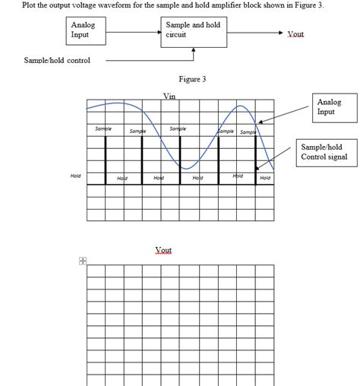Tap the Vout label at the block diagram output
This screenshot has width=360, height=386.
[296, 34]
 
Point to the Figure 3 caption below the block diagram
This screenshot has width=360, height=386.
[192, 78]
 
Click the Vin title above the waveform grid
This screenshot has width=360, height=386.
[169, 96]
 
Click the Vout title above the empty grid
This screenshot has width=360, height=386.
[163, 250]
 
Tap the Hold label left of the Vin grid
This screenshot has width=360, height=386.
[75, 176]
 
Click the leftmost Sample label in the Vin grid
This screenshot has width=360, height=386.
[103, 129]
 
